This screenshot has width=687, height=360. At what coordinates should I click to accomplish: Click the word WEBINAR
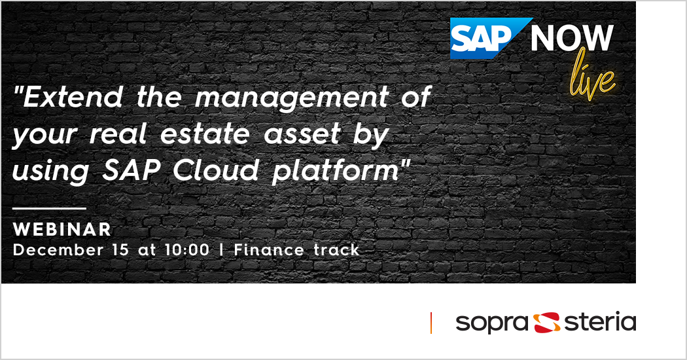tap(62, 230)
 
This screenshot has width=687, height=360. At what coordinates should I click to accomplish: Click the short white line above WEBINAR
tap(50, 208)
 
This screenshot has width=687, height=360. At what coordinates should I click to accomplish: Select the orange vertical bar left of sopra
tap(431, 323)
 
